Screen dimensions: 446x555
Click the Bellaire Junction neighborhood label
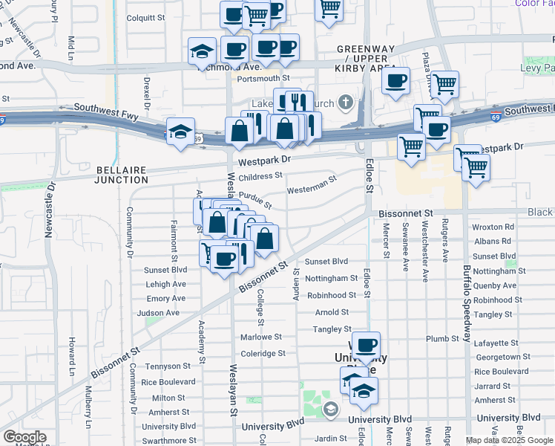[x=122, y=175]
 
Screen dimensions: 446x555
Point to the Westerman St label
[x=312, y=183]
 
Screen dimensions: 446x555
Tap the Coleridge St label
[x=263, y=354]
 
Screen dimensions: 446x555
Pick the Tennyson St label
[x=168, y=366]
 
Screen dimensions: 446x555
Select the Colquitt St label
[x=149, y=18]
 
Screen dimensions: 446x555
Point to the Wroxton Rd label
[x=493, y=227]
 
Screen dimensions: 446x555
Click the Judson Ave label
[x=163, y=313]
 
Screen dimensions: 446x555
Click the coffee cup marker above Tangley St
[x=366, y=345]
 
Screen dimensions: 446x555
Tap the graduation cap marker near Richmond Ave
[x=201, y=52]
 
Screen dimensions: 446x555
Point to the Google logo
[x=24, y=437]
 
